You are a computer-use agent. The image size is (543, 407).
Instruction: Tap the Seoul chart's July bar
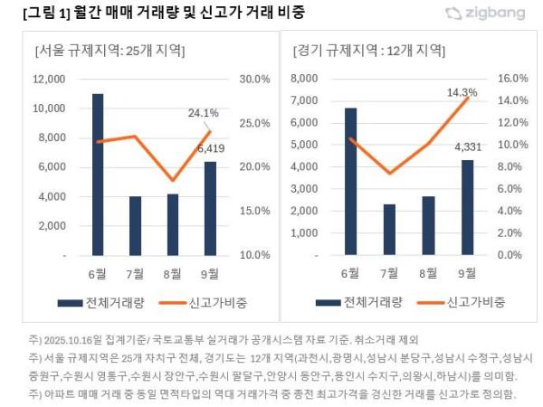coord(135,226)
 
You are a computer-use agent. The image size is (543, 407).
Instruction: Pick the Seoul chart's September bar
coord(210,208)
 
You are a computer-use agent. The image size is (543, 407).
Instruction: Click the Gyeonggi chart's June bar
coord(350,181)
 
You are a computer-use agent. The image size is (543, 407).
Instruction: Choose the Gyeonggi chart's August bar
coord(428,225)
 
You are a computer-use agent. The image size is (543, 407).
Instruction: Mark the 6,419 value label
coord(210,147)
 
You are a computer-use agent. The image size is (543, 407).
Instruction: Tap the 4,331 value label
coord(468,147)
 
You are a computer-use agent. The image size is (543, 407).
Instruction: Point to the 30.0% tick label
coord(253,79)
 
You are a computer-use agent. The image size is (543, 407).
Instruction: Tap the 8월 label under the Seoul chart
coord(172,273)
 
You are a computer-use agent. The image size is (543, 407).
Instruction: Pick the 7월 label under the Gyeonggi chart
coord(390,273)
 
